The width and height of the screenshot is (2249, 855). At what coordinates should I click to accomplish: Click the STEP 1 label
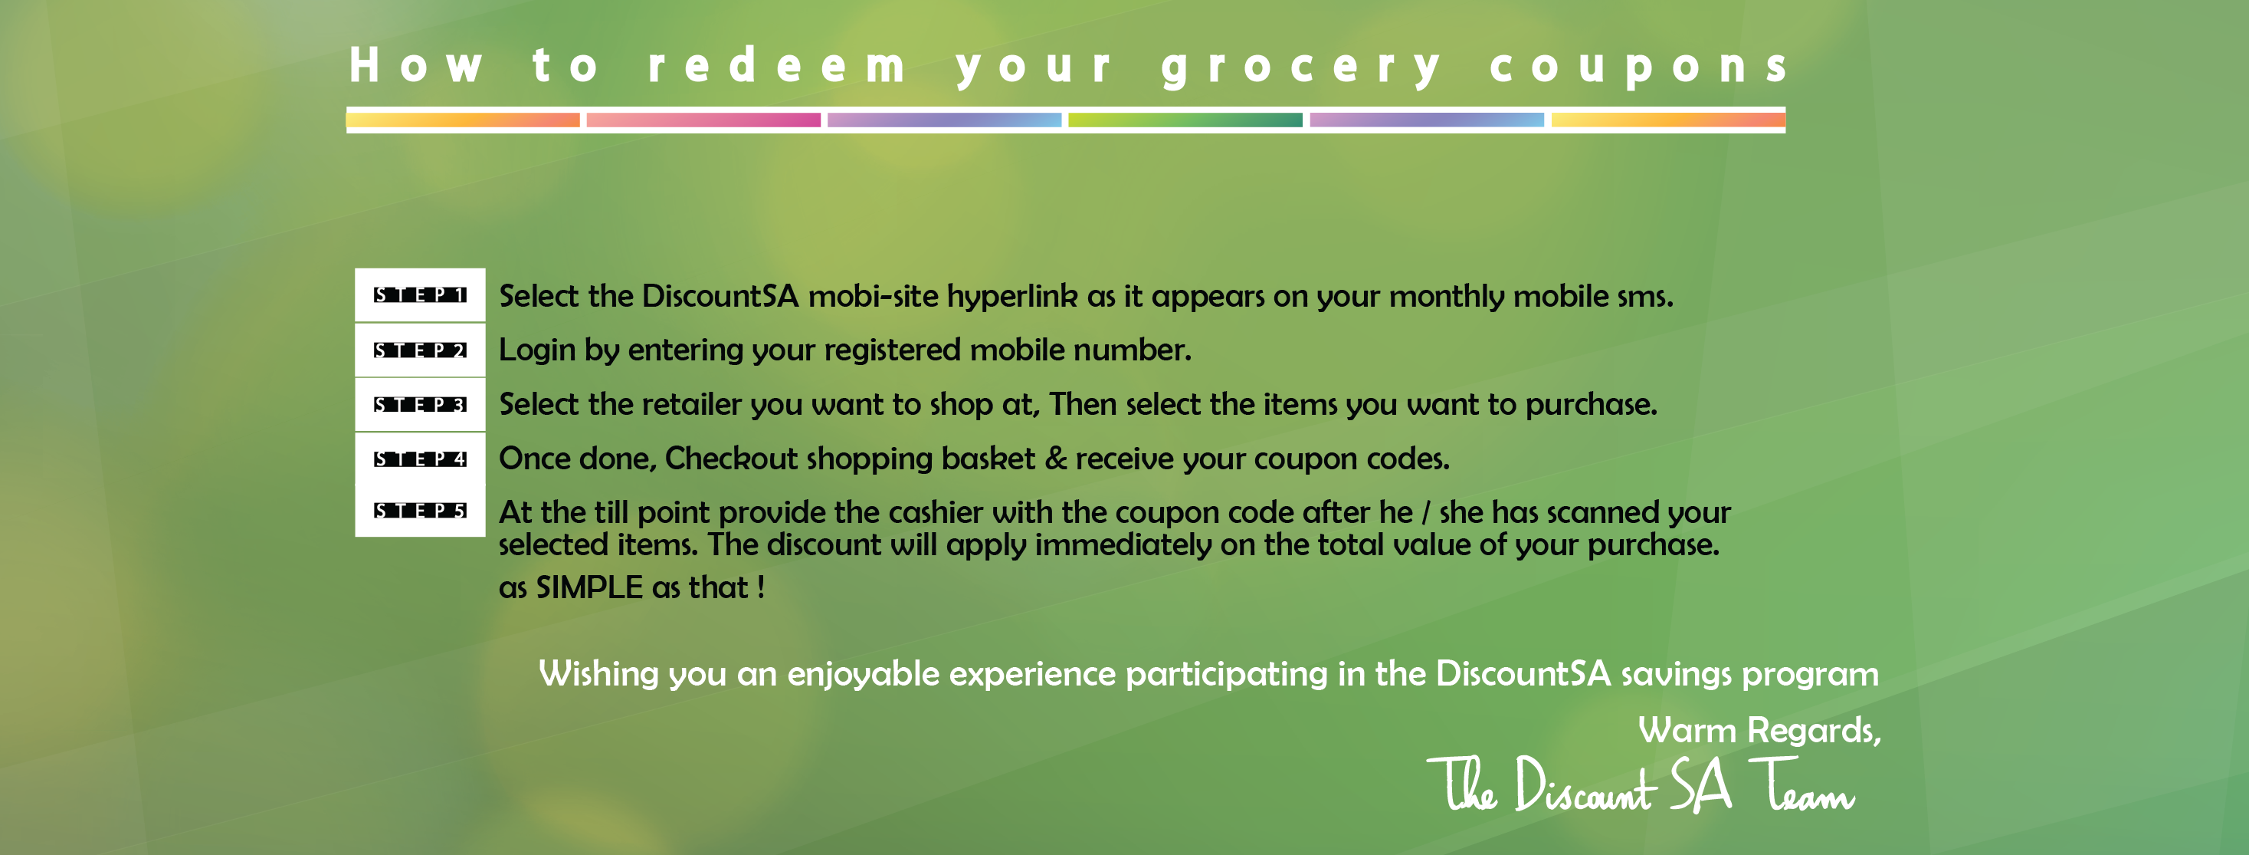click(x=420, y=295)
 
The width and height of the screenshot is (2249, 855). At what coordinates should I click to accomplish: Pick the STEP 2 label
click(x=420, y=350)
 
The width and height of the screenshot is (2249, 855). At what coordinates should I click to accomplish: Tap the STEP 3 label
click(x=420, y=404)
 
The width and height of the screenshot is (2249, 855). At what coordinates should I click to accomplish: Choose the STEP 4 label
click(x=420, y=459)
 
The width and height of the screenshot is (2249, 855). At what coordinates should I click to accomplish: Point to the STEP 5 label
click(x=420, y=510)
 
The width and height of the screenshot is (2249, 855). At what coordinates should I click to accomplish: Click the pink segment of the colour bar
click(x=703, y=120)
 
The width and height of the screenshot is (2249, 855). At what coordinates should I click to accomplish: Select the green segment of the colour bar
click(x=1185, y=120)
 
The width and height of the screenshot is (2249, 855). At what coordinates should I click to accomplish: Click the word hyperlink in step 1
click(x=1013, y=298)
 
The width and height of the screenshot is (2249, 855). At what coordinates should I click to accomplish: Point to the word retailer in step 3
click(x=691, y=404)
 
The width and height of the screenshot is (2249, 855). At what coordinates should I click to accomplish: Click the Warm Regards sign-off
click(x=1759, y=731)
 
